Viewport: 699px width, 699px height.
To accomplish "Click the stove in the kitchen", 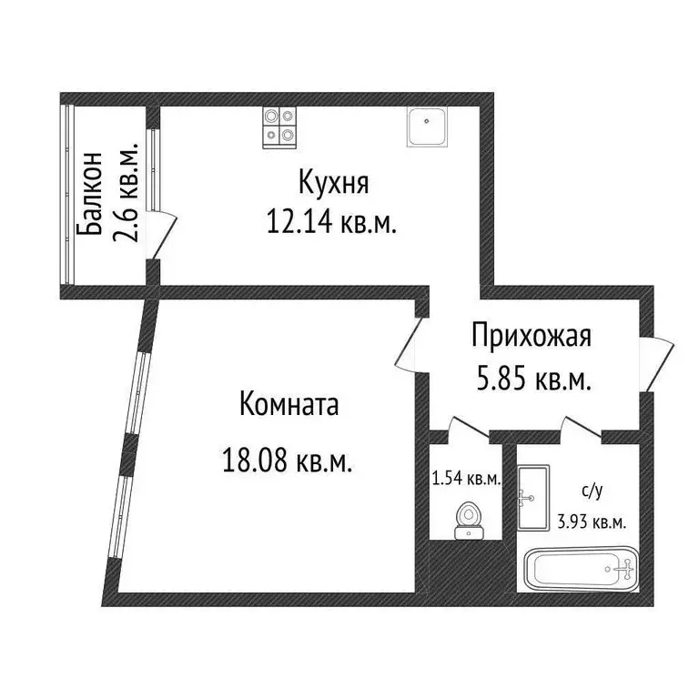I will point(279,127).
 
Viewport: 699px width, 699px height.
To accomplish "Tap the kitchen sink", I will point(426,127).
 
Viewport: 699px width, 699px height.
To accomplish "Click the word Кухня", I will point(333,183).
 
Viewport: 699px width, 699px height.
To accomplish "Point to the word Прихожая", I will point(532,336).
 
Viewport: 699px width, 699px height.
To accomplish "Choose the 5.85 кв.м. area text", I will point(534,380).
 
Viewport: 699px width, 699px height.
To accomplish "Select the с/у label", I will point(593,492).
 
